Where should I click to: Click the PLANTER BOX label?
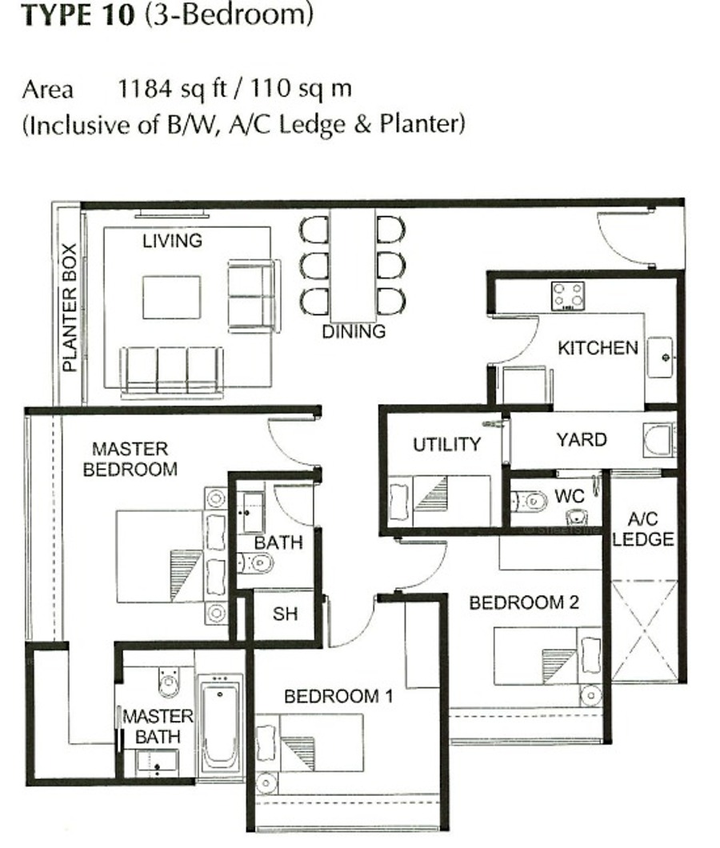click(x=70, y=308)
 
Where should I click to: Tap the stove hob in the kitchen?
click(x=567, y=296)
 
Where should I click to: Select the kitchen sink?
click(x=661, y=357)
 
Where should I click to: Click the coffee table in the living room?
click(x=171, y=297)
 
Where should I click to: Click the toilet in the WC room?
click(x=529, y=502)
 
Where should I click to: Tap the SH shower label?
click(x=285, y=614)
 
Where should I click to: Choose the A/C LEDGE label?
click(x=643, y=529)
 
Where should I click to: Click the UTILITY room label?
click(x=447, y=444)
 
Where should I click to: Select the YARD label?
click(x=582, y=439)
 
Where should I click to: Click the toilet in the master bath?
click(x=168, y=682)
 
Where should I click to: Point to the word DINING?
click(x=354, y=331)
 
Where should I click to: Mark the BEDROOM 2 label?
click(x=524, y=602)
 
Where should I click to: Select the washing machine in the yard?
click(x=659, y=440)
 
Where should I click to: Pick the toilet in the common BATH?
click(x=254, y=563)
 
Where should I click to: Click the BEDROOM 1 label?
click(x=338, y=696)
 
